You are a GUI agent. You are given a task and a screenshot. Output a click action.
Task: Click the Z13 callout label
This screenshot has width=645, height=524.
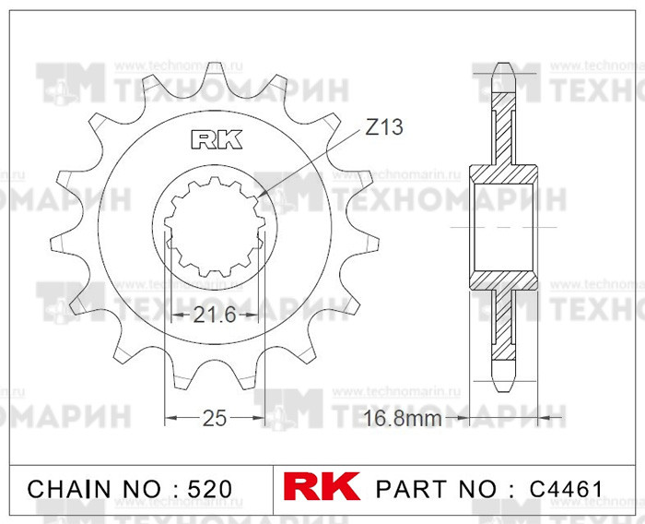click(x=383, y=128)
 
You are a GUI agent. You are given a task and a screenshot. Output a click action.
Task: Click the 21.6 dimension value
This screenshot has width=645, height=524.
click(x=216, y=316)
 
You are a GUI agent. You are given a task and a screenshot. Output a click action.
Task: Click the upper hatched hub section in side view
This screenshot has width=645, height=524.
click(x=503, y=175)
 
